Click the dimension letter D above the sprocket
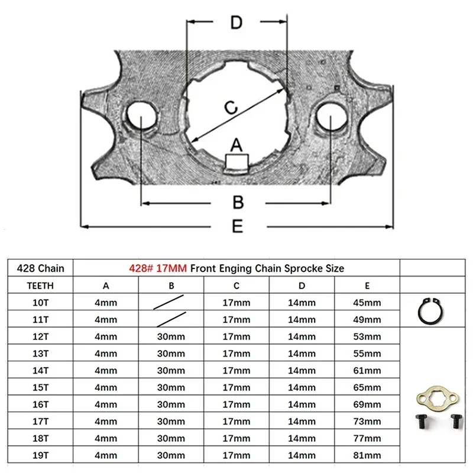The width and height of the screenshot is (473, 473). pyautogui.click(x=236, y=22)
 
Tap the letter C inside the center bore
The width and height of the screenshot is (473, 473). pyautogui.click(x=231, y=108)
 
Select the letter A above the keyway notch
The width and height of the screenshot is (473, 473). pyautogui.click(x=236, y=145)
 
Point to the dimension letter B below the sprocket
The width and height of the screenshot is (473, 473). pyautogui.click(x=238, y=202)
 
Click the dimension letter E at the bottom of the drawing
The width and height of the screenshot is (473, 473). pyautogui.click(x=238, y=226)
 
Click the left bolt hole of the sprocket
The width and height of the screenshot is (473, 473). pyautogui.click(x=142, y=116)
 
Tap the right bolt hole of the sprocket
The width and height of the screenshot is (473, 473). pyautogui.click(x=331, y=116)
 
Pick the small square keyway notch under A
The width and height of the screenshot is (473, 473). pyautogui.click(x=237, y=162)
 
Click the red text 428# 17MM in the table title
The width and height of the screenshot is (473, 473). pyautogui.click(x=158, y=268)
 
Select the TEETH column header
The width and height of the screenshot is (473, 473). pyautogui.click(x=40, y=286)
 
